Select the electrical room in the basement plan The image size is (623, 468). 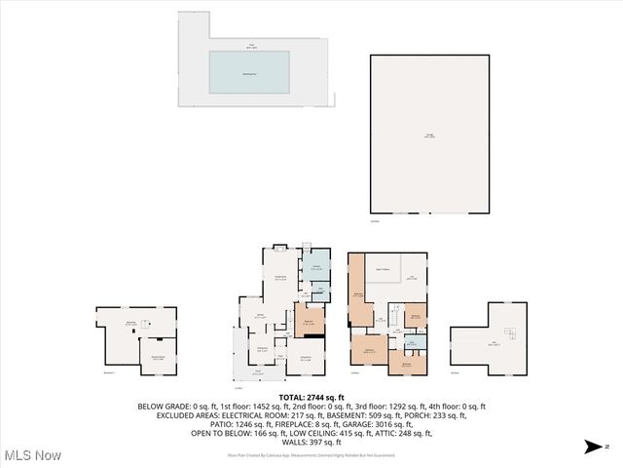click(x=157, y=357)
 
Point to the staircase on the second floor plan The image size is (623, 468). click(x=395, y=317)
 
